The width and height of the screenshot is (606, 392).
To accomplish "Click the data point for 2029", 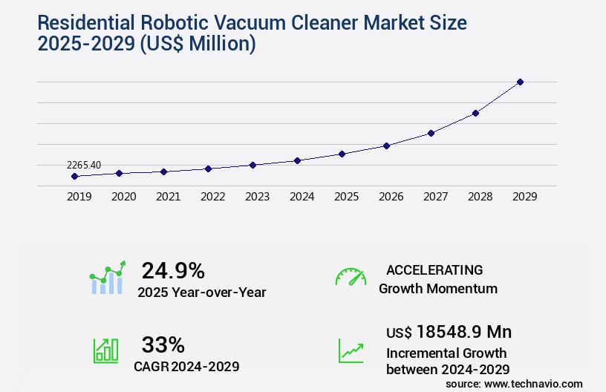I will [x=520, y=82].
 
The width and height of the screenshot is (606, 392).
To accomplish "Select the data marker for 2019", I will [x=74, y=176].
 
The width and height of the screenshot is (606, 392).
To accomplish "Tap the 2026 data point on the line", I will [x=386, y=146].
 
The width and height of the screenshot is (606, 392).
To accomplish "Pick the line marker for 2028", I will [x=475, y=113].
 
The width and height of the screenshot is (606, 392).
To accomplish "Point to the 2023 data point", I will [x=252, y=165].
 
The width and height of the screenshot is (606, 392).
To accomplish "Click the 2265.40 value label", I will [x=84, y=165].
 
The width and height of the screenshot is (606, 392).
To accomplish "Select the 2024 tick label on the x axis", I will [x=302, y=197].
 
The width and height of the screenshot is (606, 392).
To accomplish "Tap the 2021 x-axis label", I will [x=168, y=197].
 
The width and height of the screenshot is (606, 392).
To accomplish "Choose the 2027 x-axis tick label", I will [x=435, y=197].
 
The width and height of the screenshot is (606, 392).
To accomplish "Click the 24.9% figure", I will [x=173, y=270].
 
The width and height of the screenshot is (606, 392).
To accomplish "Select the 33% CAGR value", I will [x=163, y=344].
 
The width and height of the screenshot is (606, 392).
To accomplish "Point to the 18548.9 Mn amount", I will [x=464, y=332].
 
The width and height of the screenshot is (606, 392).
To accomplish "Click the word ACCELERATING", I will [x=434, y=269].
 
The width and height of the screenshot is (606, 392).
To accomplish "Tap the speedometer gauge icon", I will [x=351, y=277].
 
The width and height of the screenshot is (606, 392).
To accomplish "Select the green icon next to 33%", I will [x=105, y=350].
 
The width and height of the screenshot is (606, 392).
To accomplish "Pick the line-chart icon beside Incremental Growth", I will [x=351, y=350].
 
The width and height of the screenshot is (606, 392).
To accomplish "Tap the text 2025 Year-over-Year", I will [x=201, y=293].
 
